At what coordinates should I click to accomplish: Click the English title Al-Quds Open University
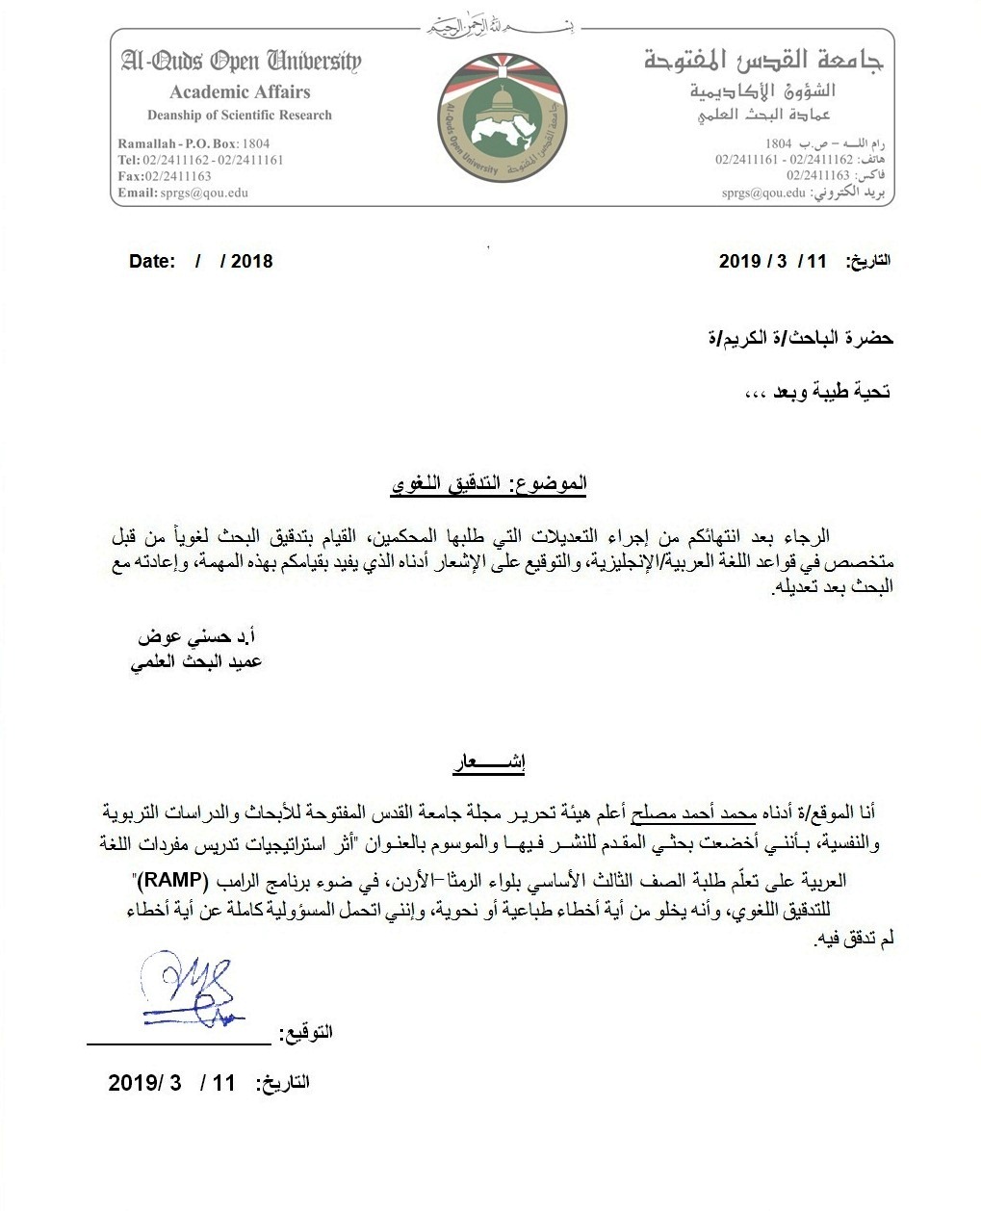pos(241,63)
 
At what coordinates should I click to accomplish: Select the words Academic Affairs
pos(240,92)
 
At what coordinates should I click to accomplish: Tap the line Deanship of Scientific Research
pos(239,116)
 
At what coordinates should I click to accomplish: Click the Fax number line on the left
pos(165,176)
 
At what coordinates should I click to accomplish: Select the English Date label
pos(152,261)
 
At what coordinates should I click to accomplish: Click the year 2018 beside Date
pos(251,261)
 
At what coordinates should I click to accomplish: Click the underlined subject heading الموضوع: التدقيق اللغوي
pos(489,484)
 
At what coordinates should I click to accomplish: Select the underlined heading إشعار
pos(488,766)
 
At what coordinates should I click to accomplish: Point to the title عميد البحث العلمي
pos(196,662)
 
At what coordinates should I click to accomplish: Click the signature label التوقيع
pos(306,1033)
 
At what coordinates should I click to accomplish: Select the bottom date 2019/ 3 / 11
pos(171,1083)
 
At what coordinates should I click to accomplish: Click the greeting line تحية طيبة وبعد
pos(819,392)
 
